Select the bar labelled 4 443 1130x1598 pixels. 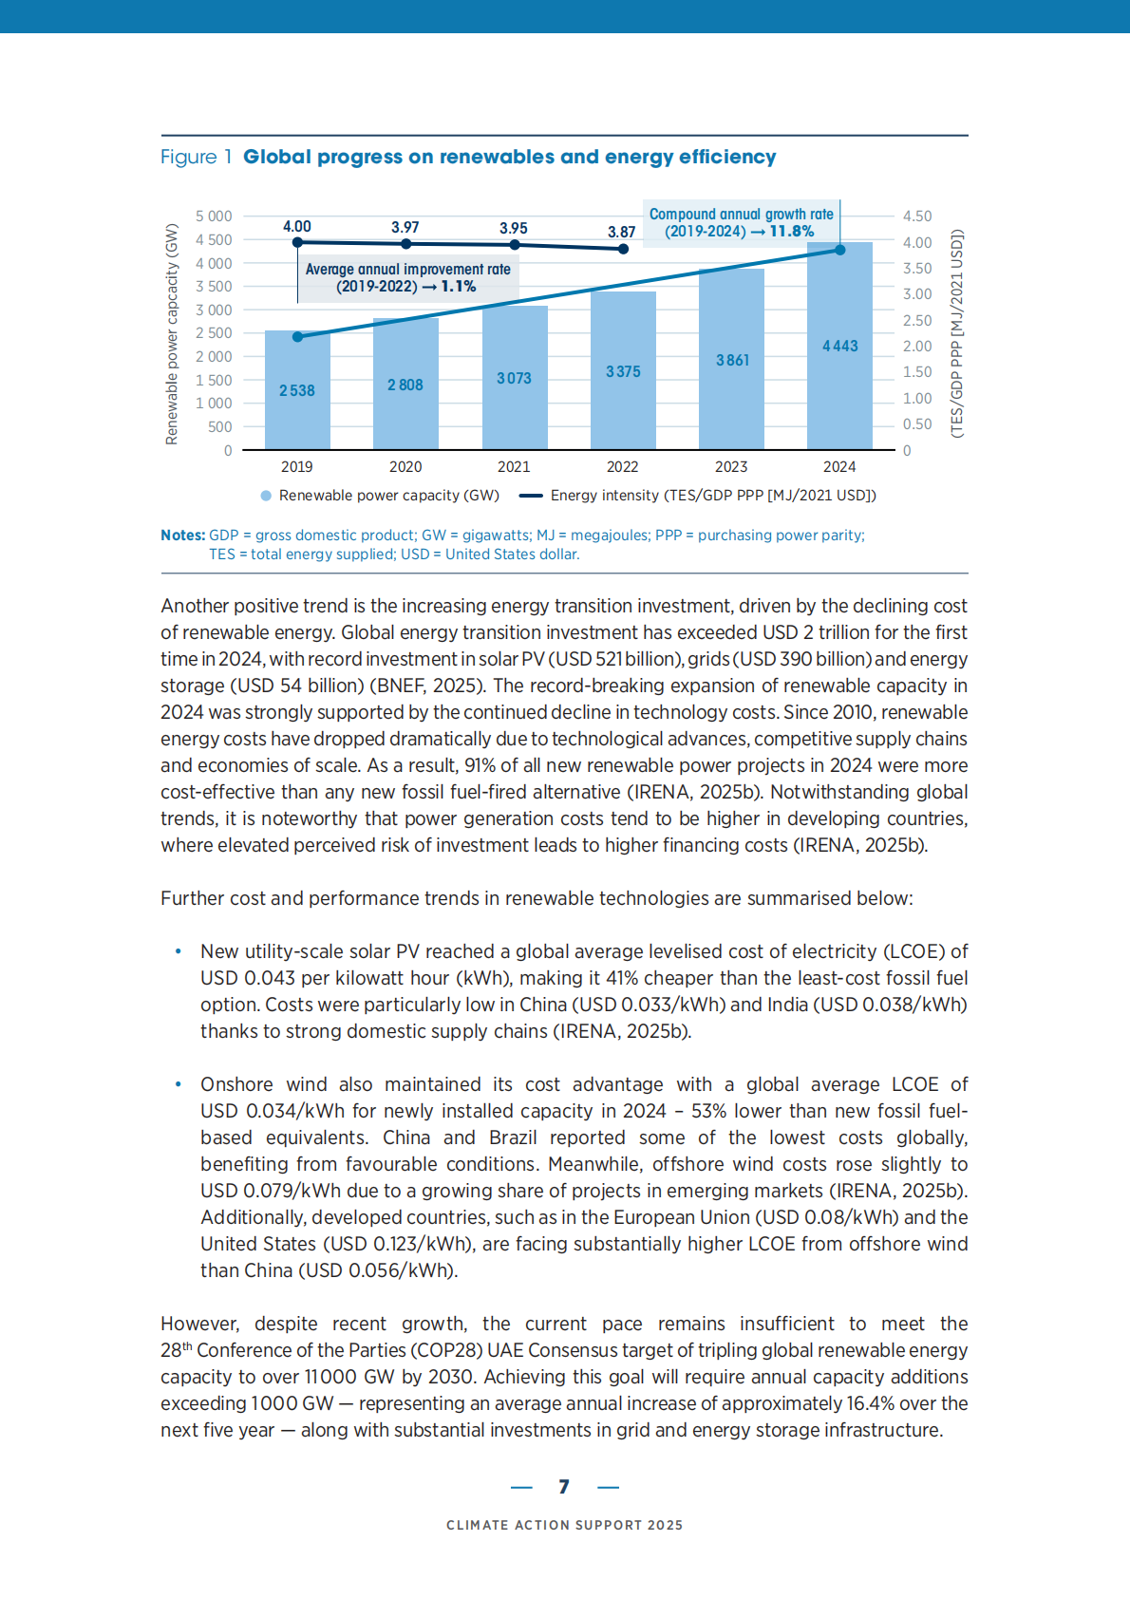839,346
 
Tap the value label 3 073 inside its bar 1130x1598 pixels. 514,378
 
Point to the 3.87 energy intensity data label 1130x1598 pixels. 622,232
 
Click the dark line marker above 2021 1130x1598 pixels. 515,245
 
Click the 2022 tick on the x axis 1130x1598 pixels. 622,466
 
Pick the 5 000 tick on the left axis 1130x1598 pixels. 214,216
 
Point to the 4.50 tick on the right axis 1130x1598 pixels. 917,216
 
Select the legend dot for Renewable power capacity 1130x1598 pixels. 266,496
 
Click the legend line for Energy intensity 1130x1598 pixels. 531,496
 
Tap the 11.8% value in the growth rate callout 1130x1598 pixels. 791,232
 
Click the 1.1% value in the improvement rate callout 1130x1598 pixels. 458,287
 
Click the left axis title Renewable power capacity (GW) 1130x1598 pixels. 172,333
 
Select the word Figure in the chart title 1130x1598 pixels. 188,157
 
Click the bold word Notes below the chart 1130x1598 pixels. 182,536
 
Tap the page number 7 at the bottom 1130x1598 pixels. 564,1487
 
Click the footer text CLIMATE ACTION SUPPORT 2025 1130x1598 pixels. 564,1525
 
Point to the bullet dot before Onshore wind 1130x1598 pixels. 178,1084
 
